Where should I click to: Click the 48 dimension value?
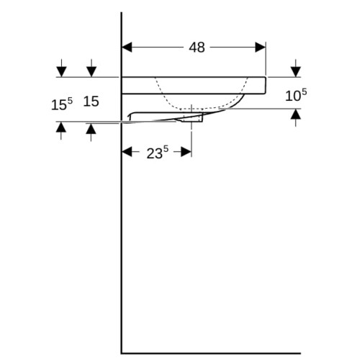[x=197, y=48]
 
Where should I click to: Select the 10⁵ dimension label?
[x=296, y=95]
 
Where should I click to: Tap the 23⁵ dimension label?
[x=158, y=153]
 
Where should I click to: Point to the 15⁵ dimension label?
[x=62, y=104]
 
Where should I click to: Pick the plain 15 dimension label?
[x=91, y=102]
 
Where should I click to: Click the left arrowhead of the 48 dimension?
[x=127, y=48]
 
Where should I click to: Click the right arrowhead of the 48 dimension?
[x=261, y=48]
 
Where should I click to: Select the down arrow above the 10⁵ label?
[x=296, y=68]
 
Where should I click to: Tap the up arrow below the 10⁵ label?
[x=296, y=117]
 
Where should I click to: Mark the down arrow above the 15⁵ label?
[x=61, y=68]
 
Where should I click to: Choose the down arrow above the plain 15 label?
[x=91, y=68]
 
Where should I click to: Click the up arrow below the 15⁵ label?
[x=61, y=131]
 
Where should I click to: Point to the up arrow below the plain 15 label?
[x=91, y=132]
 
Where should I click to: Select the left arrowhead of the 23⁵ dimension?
[x=127, y=152]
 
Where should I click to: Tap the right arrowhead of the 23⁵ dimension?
[x=186, y=152]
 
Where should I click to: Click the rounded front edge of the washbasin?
[x=266, y=85]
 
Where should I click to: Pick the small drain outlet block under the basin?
[x=193, y=118]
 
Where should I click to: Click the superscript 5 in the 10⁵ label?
[x=304, y=92]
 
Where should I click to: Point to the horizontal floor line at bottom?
[x=211, y=354]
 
